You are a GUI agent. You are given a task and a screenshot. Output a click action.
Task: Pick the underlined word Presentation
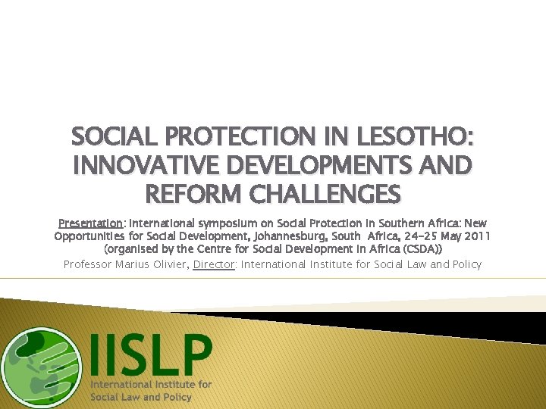(x=91, y=223)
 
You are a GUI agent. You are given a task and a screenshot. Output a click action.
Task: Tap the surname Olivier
(x=171, y=264)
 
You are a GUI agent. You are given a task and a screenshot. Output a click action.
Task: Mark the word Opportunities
(x=90, y=236)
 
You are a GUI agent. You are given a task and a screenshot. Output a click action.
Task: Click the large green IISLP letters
(x=151, y=354)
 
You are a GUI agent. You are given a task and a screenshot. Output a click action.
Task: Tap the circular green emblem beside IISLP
(x=40, y=367)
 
